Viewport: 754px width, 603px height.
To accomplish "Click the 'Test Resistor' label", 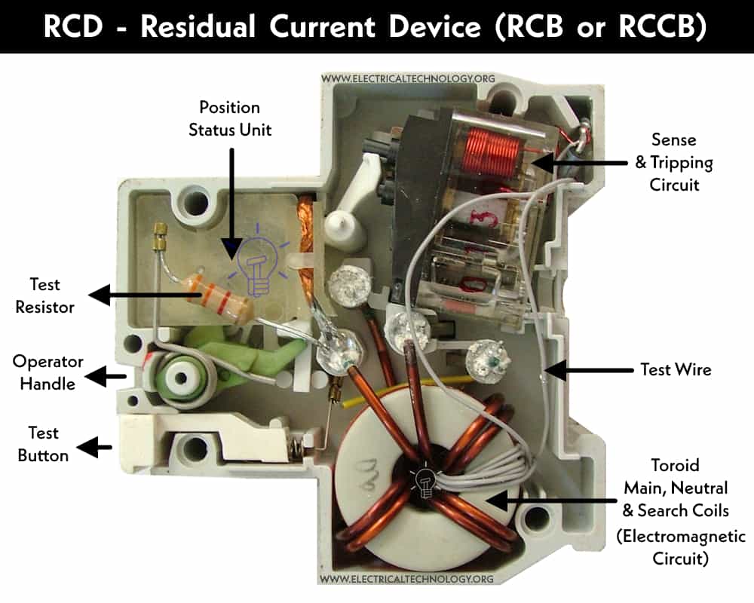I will coord(44,295).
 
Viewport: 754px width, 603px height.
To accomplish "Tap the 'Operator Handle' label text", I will coord(48,372).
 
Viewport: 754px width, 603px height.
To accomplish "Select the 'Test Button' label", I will coord(43,444).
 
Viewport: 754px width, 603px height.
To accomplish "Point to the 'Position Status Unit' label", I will coord(230,118).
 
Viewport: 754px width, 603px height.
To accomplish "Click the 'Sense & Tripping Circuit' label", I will coord(674,162).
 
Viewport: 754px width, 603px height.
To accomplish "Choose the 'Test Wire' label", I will coord(676,369).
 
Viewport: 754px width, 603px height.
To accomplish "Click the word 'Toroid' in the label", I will coord(675,465).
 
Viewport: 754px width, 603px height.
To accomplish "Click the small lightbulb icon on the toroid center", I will coord(425,481).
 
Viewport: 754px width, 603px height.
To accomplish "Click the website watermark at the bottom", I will coord(407,579).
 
